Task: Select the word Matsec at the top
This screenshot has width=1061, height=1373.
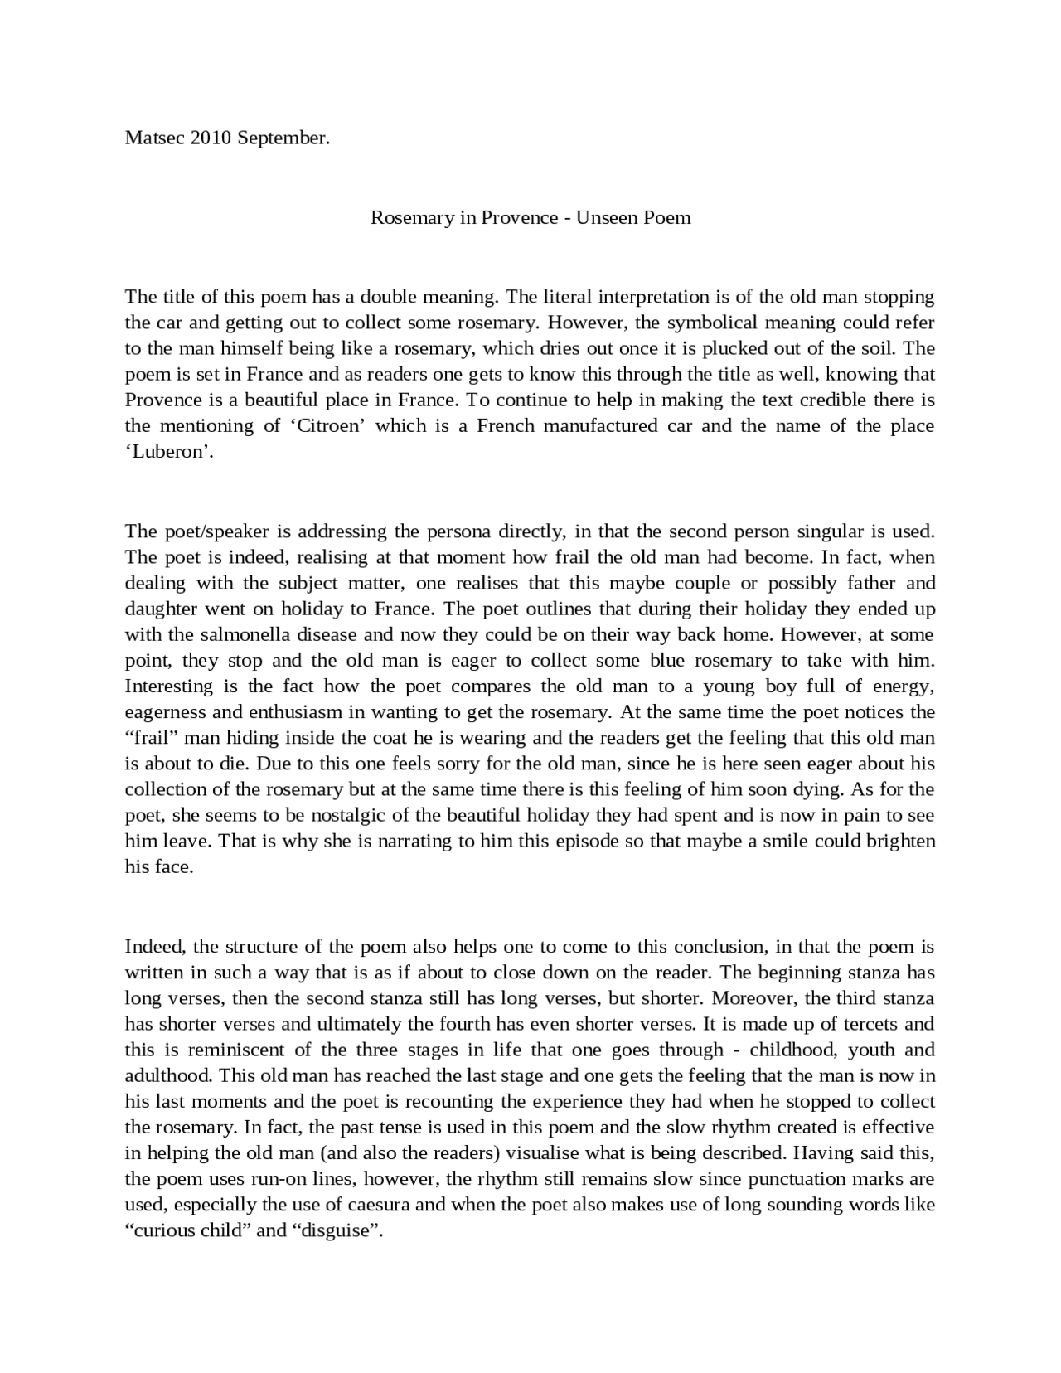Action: pos(155,138)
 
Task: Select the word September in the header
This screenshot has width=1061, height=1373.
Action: pos(283,138)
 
